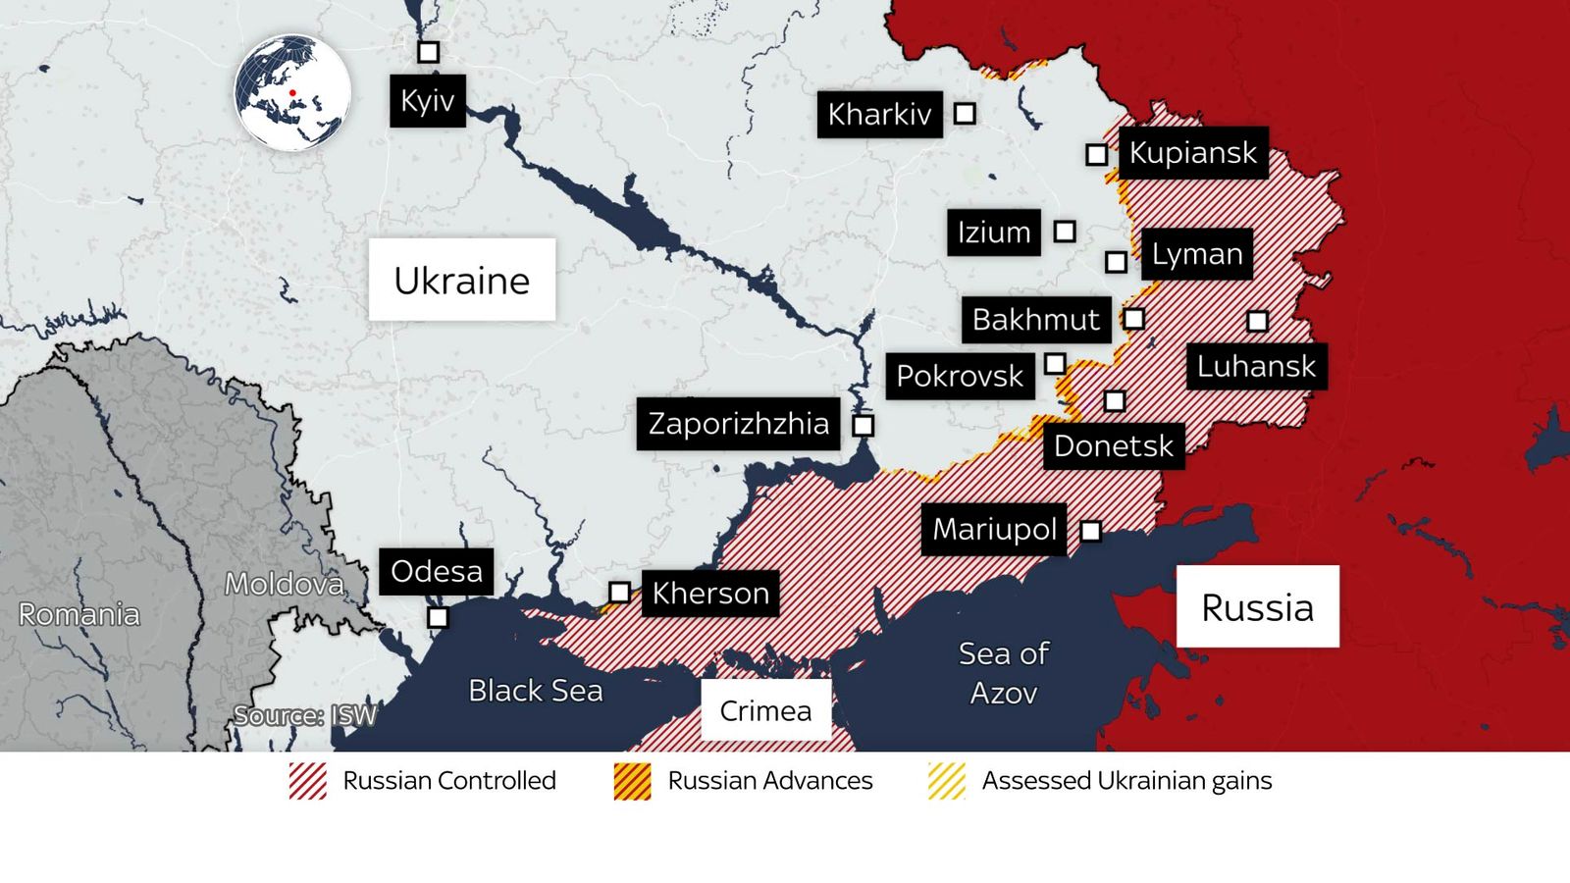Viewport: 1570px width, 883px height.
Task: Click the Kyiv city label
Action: pos(428,101)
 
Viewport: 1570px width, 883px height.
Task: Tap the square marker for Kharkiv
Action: pos(965,114)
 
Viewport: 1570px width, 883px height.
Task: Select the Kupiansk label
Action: pos(1192,153)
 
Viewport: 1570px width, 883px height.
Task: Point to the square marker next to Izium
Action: pos(1065,232)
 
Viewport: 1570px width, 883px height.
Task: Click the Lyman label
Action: pos(1196,254)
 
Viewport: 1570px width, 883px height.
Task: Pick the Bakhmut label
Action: pos(1035,320)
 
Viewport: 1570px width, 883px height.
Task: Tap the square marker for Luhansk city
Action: pos(1257,321)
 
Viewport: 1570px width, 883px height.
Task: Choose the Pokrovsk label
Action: pos(960,376)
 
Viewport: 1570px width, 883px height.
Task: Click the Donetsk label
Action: pos(1113,446)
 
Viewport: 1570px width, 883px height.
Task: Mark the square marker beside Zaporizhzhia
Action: pos(863,426)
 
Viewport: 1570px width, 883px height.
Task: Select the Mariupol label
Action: pos(994,530)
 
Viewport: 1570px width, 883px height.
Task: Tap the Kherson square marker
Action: pos(619,593)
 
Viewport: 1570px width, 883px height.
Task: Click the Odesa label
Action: pos(437,572)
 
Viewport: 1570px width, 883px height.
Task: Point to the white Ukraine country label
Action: pos(462,281)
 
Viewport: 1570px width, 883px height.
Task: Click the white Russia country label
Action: pos(1257,607)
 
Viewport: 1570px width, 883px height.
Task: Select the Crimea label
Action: pos(765,710)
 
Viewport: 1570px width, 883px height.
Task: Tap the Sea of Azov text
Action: pos(1003,673)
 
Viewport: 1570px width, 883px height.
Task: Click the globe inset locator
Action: pos(292,93)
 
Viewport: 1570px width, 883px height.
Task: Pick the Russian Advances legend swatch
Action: pos(633,781)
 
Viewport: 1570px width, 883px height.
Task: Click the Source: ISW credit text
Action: pos(305,715)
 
